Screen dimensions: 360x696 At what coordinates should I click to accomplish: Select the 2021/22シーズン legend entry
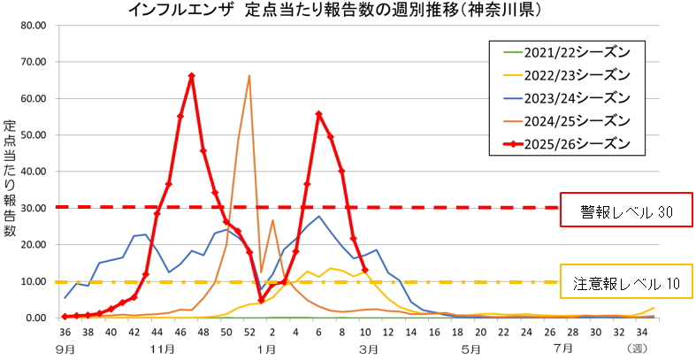(574, 50)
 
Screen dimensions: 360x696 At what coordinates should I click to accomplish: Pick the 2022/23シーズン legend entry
(574, 73)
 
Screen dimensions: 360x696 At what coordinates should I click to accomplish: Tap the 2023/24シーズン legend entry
(574, 96)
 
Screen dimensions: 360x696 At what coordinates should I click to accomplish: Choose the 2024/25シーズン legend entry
(574, 119)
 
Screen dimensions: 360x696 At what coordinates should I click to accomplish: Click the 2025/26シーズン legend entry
(574, 142)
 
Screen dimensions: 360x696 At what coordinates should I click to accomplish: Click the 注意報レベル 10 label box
(626, 283)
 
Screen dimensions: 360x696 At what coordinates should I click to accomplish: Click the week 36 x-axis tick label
(65, 332)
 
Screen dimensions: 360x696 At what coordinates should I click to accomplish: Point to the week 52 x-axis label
(249, 332)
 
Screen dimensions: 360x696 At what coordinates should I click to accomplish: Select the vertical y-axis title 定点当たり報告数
(10, 177)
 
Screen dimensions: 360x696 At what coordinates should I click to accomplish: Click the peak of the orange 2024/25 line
(249, 76)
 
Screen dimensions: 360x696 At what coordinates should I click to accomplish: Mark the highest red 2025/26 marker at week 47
(192, 76)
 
